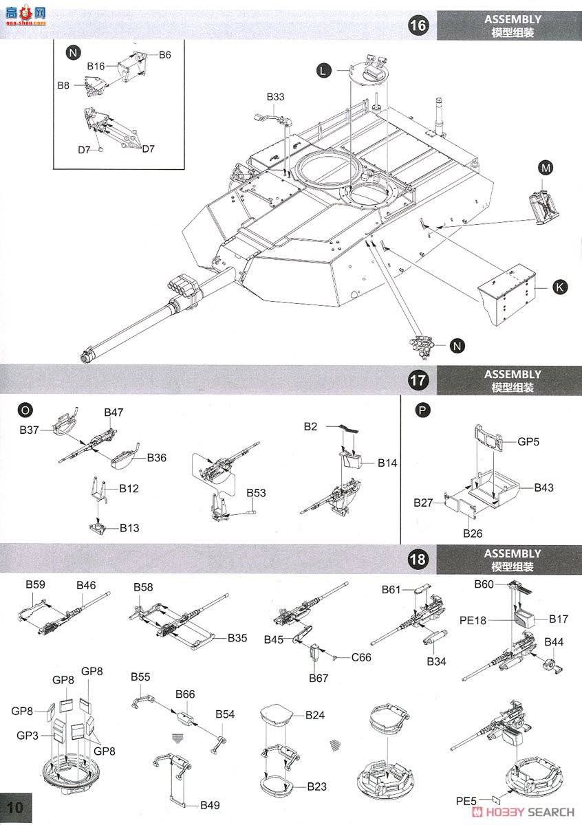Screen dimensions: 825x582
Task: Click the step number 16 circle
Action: [418, 26]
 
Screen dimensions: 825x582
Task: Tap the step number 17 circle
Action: [418, 380]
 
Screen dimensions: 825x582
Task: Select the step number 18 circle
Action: [418, 559]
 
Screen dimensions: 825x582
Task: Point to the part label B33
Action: [274, 97]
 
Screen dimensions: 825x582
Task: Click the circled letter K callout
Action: [561, 288]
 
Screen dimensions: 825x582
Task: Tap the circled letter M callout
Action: [546, 168]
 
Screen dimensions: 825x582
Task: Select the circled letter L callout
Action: [323, 69]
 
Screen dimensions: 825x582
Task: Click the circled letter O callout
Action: [25, 410]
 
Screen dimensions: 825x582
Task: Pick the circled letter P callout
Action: [422, 410]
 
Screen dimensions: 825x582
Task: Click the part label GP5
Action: [528, 442]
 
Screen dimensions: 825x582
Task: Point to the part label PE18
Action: [473, 620]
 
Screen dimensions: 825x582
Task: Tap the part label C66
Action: [361, 657]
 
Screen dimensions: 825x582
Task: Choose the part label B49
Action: [211, 805]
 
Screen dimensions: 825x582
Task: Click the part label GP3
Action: [27, 735]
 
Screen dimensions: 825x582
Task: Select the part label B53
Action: [257, 493]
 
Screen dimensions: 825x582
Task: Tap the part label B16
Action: [96, 66]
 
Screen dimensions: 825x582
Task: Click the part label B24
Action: [315, 715]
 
